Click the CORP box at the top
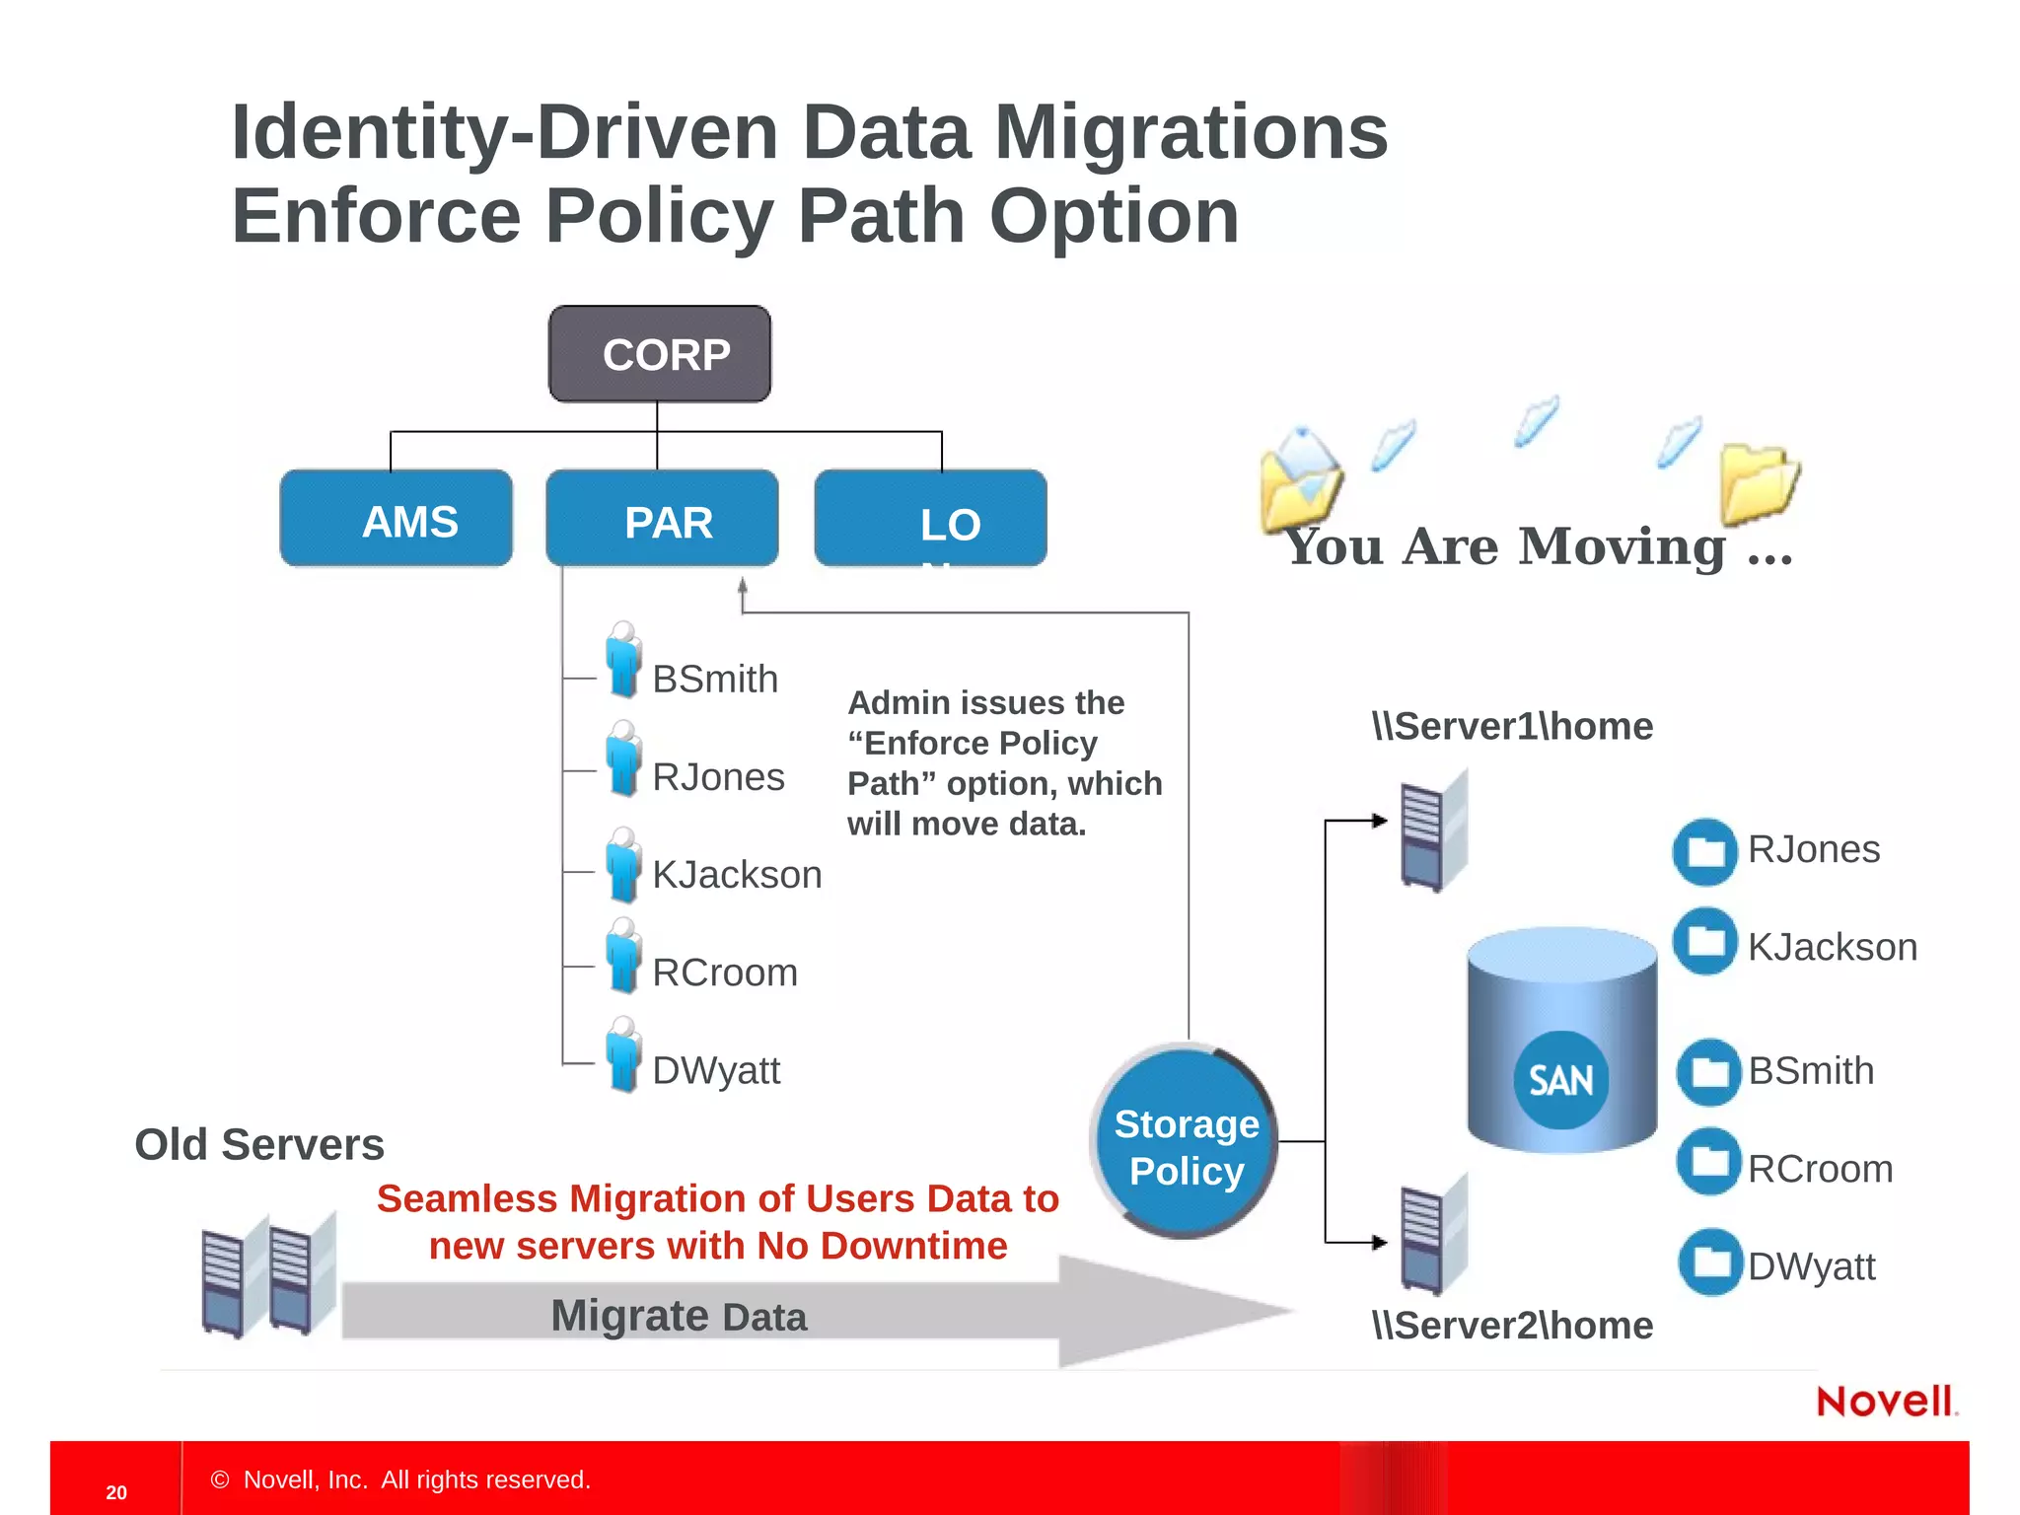[659, 354]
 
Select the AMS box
[397, 519]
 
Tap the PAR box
[662, 519]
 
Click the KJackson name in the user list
[737, 875]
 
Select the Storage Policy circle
[1185, 1141]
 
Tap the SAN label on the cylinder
[1560, 1080]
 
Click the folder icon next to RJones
[1704, 851]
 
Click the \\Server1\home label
[1512, 727]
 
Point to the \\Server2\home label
[1512, 1326]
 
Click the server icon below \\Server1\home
[1433, 831]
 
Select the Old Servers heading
[259, 1145]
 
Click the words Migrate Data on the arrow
[679, 1317]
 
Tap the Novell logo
[1885, 1402]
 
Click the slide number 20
[116, 1492]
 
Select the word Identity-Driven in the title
[504, 132]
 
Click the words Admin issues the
[985, 703]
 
